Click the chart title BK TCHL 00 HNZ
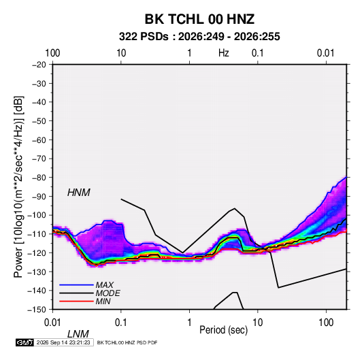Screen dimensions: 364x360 point(199,19)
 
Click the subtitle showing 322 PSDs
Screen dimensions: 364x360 point(199,37)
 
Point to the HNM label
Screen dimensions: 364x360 point(79,193)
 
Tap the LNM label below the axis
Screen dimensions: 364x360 point(78,334)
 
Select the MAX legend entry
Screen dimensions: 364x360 point(105,285)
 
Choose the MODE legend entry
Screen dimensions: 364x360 point(108,293)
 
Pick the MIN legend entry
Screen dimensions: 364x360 point(103,301)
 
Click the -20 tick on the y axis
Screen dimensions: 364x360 point(39,65)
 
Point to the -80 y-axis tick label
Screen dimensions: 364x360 point(39,178)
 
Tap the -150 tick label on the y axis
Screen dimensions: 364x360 point(37,310)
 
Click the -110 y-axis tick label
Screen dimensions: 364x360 point(37,234)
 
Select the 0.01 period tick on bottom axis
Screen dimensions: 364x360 point(52,323)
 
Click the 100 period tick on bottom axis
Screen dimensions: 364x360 point(326,323)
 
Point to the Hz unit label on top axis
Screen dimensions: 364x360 point(224,53)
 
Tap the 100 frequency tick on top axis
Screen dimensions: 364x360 point(52,53)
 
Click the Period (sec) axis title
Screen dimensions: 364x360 point(224,330)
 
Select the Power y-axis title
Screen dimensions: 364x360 point(18,187)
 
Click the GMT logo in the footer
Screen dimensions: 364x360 point(25,342)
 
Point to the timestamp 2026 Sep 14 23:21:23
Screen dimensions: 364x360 point(63,342)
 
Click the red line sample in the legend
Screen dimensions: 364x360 point(76,301)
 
